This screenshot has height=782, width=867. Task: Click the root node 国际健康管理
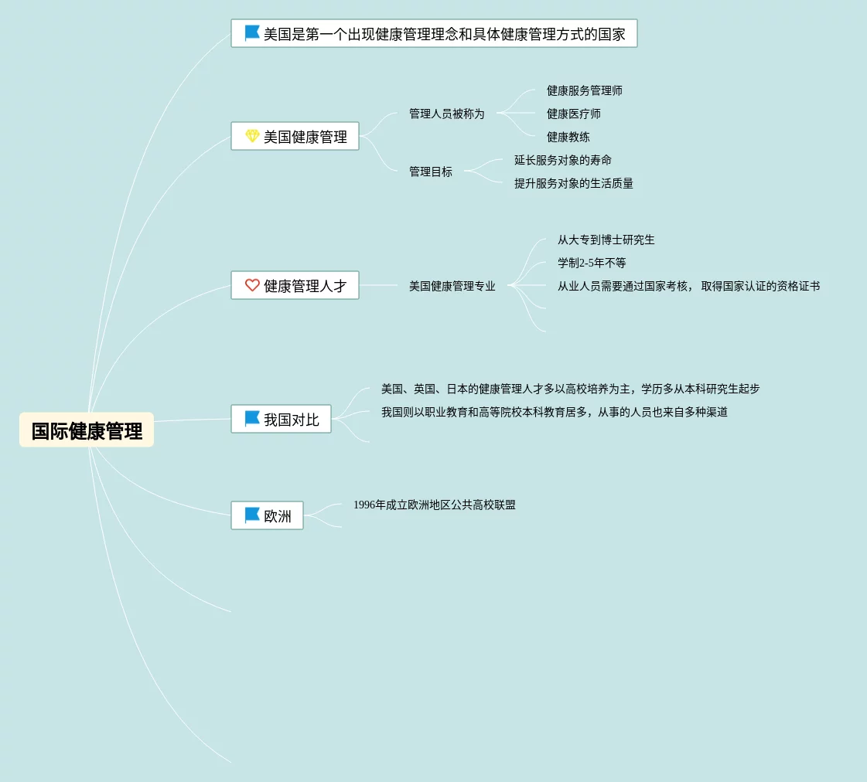pyautogui.click(x=87, y=430)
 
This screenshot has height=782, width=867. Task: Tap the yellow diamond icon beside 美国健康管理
pyautogui.click(x=252, y=136)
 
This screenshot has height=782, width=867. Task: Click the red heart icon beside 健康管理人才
pyautogui.click(x=252, y=285)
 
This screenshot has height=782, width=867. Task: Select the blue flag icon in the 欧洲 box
pyautogui.click(x=252, y=515)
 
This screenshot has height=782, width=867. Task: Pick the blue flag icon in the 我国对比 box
pyautogui.click(x=252, y=419)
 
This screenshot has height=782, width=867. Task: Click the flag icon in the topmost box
pyautogui.click(x=252, y=33)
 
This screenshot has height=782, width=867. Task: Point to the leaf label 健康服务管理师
pyautogui.click(x=584, y=90)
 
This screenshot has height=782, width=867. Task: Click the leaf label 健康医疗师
pyautogui.click(x=573, y=114)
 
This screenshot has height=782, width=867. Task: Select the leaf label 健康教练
pyautogui.click(x=568, y=137)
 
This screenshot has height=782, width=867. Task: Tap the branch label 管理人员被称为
pyautogui.click(x=446, y=114)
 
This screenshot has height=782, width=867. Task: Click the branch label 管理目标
pyautogui.click(x=430, y=172)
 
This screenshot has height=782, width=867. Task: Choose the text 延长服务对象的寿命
pyautogui.click(x=562, y=160)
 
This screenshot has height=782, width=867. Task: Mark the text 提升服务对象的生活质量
pyautogui.click(x=573, y=183)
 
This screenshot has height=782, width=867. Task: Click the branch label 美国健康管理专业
pyautogui.click(x=452, y=286)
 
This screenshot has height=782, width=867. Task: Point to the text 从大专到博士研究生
pyautogui.click(x=606, y=240)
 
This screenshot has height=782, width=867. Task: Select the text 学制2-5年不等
pyautogui.click(x=592, y=263)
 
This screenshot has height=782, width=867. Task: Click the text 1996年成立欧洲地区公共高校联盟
pyautogui.click(x=434, y=505)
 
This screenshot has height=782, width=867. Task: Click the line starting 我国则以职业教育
pyautogui.click(x=554, y=412)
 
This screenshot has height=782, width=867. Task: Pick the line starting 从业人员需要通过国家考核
pyautogui.click(x=688, y=286)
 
